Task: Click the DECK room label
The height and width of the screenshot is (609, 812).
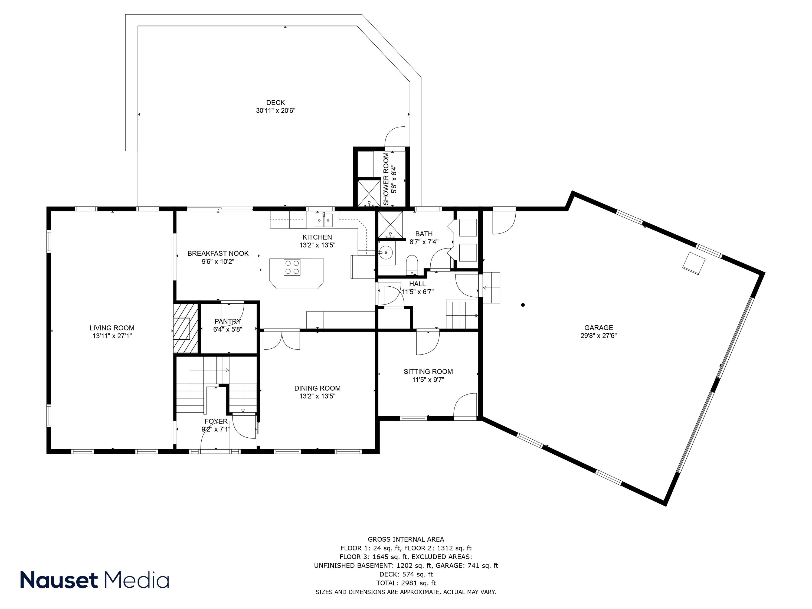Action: coord(275,102)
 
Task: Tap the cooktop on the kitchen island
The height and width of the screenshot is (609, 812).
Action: coord(292,267)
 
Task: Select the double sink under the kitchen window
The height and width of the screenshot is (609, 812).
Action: coord(323,220)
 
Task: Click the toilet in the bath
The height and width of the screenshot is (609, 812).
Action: coord(412,264)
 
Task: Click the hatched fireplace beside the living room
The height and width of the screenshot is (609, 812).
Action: coord(185,328)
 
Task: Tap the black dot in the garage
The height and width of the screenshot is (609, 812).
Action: coord(523,305)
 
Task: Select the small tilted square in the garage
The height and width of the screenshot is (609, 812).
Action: coord(693,263)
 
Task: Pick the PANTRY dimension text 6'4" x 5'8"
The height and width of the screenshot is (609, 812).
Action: coord(228,330)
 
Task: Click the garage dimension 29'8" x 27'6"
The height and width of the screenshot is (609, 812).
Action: coord(598,336)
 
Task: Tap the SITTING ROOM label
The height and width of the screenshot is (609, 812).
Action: coord(428,372)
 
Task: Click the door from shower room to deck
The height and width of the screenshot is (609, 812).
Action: coord(395,138)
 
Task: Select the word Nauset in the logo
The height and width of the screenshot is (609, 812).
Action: coord(59,580)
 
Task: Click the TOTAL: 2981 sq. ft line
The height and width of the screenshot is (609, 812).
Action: coord(406,583)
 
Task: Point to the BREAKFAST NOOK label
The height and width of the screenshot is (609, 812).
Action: coord(218,253)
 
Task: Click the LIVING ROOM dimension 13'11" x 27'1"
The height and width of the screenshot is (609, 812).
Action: coord(112,336)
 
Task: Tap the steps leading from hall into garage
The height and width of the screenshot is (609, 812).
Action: coord(492,287)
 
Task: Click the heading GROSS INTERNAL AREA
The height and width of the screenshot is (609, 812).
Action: coord(406,539)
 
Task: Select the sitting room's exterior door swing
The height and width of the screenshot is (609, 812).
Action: coord(466,406)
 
